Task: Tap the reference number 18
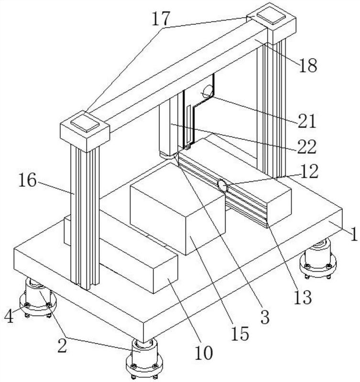(307, 65)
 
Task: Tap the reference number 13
(303, 297)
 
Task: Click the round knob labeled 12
(222, 185)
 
